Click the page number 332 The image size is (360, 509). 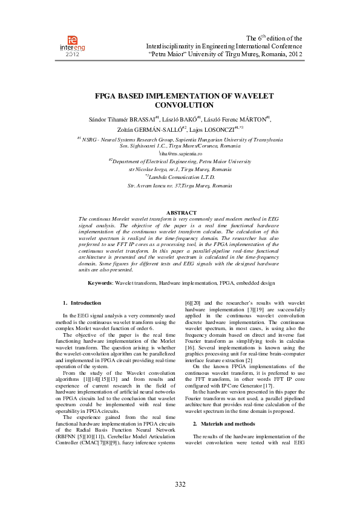coord(180,485)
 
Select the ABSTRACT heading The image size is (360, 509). coord(180,213)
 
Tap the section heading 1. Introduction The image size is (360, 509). coord(82,302)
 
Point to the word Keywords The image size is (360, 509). coord(99,283)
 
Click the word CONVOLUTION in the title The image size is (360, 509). coord(180,105)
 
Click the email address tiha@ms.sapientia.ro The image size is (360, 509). coord(180,154)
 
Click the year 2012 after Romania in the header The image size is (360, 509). coord(295,54)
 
